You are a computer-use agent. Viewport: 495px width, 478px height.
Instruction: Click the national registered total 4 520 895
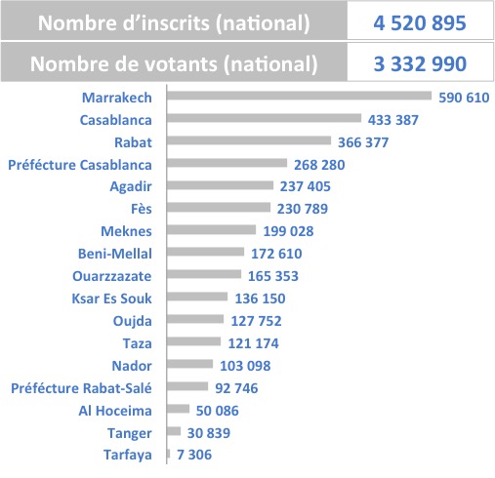point(420,23)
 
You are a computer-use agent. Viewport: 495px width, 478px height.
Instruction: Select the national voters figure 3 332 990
point(420,63)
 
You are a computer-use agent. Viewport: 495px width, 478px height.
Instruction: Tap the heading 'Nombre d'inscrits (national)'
point(174,23)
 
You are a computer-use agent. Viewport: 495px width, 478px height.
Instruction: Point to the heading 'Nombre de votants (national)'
point(174,64)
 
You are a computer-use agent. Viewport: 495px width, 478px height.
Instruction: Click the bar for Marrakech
point(299,96)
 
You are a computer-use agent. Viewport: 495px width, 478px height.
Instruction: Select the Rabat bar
point(249,140)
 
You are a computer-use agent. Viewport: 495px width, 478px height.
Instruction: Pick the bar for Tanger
point(174,431)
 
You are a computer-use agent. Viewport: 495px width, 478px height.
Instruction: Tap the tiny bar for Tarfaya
point(168,454)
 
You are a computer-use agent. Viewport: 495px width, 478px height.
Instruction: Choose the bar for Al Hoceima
point(178,409)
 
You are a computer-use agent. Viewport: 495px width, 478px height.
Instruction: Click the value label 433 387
point(393,120)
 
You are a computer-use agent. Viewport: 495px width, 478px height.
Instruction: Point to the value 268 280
point(319,165)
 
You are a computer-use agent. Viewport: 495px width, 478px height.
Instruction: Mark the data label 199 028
point(288,231)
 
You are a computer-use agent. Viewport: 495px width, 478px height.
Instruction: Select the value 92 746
point(236,388)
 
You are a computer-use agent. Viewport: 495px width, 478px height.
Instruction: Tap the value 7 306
point(194,455)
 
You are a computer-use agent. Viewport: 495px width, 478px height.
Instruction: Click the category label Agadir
point(131,186)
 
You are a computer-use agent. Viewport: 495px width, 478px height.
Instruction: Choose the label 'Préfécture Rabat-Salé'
point(81,388)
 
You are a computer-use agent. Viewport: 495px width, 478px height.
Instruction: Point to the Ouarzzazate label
point(112,276)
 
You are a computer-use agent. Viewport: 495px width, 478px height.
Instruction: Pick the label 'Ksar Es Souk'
point(111,299)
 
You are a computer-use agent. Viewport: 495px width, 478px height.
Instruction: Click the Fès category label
point(142,209)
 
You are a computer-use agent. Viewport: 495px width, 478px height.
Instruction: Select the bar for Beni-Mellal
point(205,252)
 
